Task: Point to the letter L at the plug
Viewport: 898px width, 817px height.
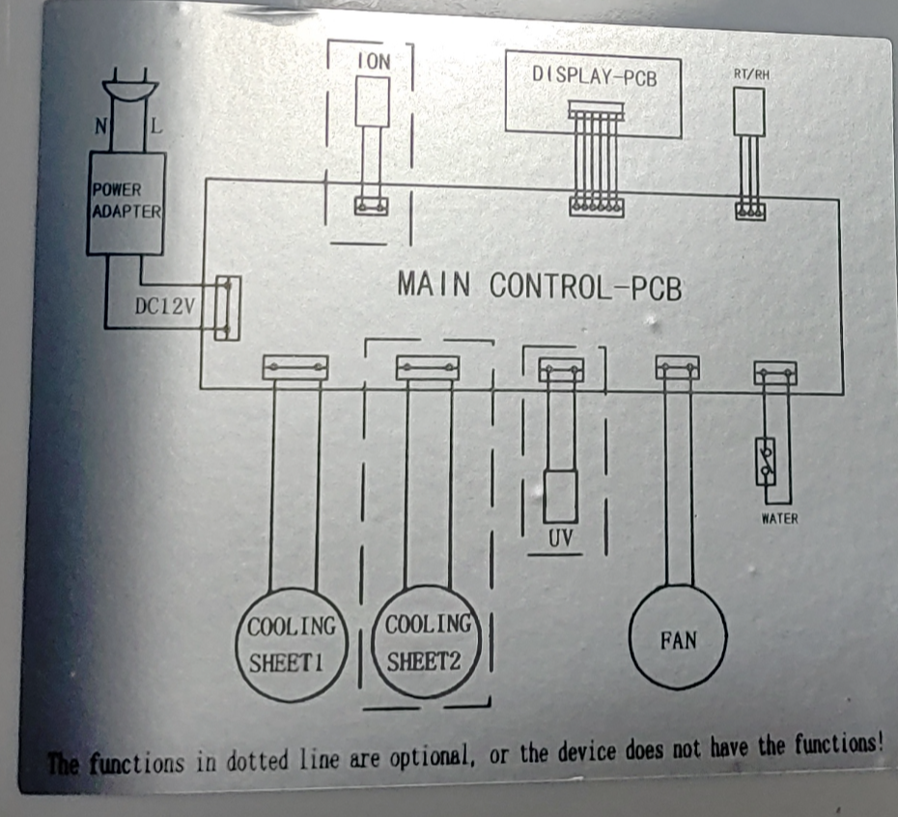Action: pyautogui.click(x=156, y=126)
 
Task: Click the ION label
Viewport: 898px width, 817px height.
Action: pyautogui.click(x=374, y=61)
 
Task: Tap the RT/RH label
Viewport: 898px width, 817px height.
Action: pyautogui.click(x=751, y=73)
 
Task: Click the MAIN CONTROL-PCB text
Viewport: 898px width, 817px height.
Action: pyautogui.click(x=539, y=287)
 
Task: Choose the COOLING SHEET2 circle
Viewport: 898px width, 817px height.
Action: pyautogui.click(x=426, y=643)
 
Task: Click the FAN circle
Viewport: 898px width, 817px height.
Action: pyautogui.click(x=678, y=639)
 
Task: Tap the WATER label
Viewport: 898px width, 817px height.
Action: pyautogui.click(x=779, y=519)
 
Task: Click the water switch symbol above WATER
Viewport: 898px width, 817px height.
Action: pyautogui.click(x=768, y=461)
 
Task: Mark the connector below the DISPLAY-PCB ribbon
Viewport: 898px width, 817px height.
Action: pyautogui.click(x=596, y=207)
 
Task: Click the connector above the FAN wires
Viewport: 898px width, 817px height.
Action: pyautogui.click(x=678, y=368)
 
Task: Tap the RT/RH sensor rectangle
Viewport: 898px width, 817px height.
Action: pyautogui.click(x=749, y=112)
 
